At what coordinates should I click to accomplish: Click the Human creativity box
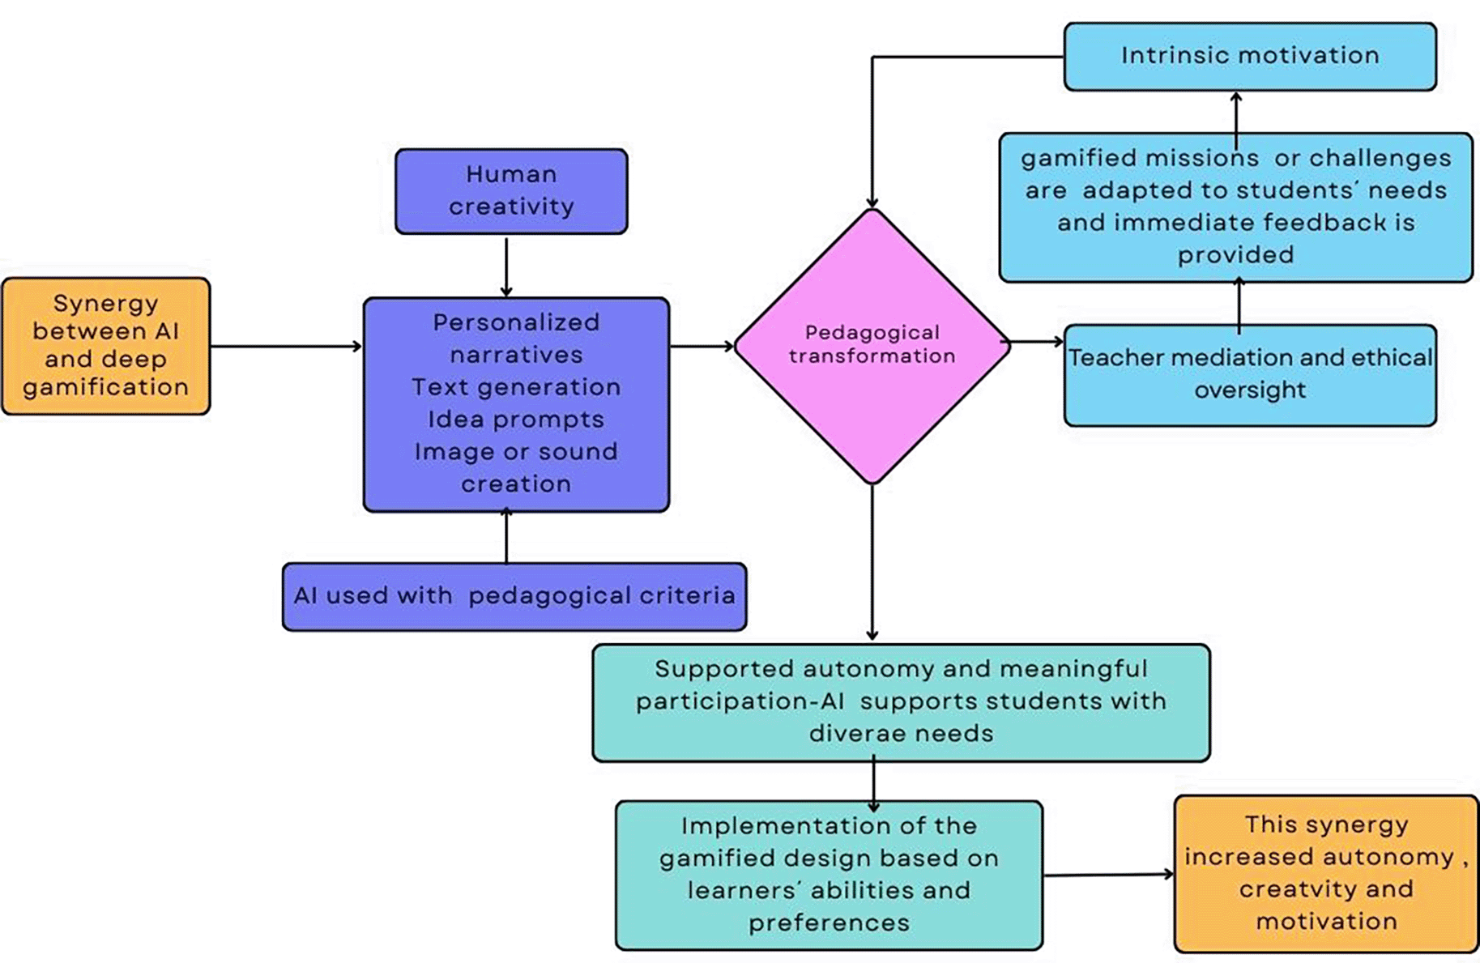point(511,191)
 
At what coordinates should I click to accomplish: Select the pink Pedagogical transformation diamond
point(872,347)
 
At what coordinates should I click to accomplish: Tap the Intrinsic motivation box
point(1249,56)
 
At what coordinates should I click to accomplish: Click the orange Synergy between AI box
point(106,346)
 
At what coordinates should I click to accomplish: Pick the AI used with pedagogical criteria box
point(514,596)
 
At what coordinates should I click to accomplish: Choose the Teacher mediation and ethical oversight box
point(1249,374)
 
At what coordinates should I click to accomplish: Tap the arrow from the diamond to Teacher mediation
point(1036,342)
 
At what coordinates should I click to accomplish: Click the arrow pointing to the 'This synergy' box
point(1108,875)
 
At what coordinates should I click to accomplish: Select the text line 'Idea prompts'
point(516,420)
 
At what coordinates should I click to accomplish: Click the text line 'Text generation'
point(516,387)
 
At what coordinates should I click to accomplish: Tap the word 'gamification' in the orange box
point(106,387)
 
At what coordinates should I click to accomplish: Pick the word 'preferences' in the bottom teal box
point(829,923)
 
